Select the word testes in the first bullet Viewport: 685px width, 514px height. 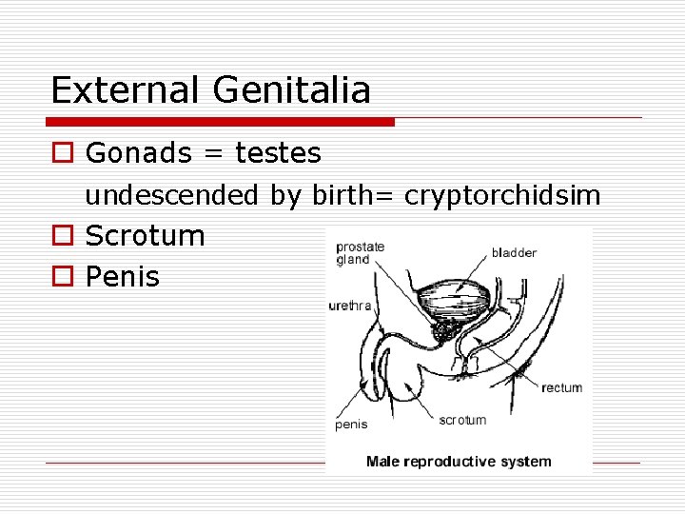(278, 152)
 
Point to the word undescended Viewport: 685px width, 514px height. (172, 196)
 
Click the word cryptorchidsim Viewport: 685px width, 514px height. (502, 196)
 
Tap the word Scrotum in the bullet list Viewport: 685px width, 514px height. (145, 236)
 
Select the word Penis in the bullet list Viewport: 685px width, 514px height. (123, 278)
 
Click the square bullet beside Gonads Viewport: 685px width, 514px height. (62, 152)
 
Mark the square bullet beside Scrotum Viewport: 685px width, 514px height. (62, 236)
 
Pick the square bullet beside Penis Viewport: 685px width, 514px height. (62, 278)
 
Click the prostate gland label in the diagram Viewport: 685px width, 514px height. (360, 253)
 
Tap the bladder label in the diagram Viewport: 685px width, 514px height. (514, 253)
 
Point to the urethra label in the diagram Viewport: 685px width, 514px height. (349, 306)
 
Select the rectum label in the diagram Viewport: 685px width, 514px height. (561, 387)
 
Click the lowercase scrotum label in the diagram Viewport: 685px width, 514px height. (462, 420)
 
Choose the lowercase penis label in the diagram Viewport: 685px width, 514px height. (351, 425)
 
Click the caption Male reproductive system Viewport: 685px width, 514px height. (459, 462)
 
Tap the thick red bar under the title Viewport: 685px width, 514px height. (221, 122)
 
